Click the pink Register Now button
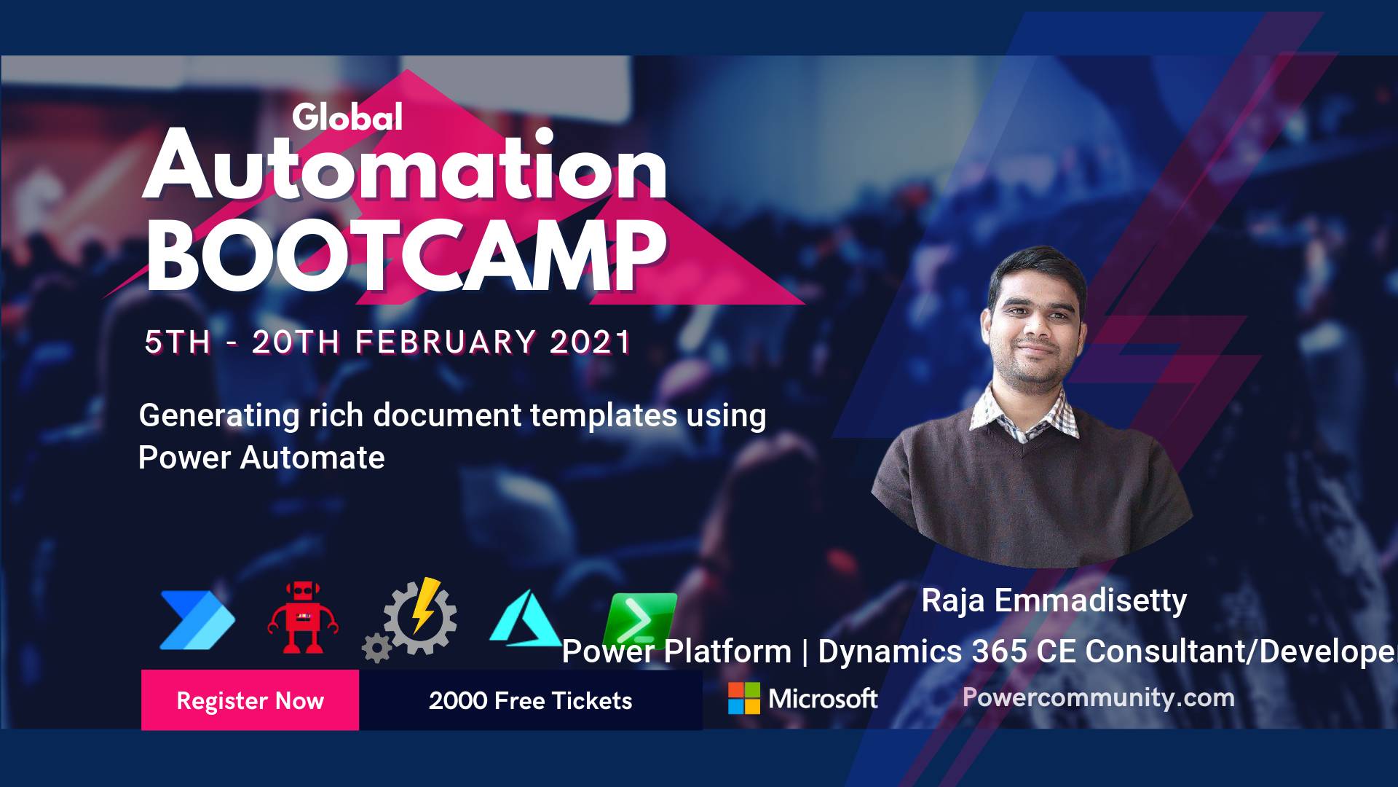coord(250,700)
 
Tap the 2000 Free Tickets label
coord(530,700)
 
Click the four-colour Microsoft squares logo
coord(744,698)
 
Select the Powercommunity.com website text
coord(1098,697)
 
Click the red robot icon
coord(302,616)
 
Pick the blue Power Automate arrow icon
coord(197,620)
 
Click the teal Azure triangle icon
coord(524,618)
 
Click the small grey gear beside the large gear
coord(376,647)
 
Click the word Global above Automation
coord(347,117)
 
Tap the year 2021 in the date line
coord(590,342)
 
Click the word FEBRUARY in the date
coord(446,342)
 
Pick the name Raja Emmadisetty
coord(1054,601)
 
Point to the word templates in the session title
coord(604,416)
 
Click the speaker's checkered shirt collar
coord(1027,415)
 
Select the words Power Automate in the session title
coord(261,458)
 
